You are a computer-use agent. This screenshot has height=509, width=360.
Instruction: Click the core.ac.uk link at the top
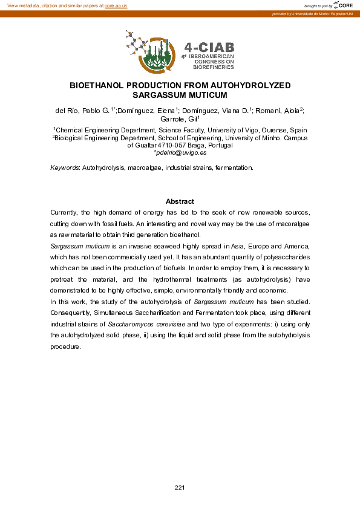pyautogui.click(x=116, y=5)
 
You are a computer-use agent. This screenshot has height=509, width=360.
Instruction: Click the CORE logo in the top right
pyautogui.click(x=344, y=5)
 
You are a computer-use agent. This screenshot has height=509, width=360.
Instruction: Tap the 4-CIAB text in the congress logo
pyautogui.click(x=209, y=47)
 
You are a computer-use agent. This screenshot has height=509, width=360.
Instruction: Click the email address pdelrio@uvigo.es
pyautogui.click(x=180, y=152)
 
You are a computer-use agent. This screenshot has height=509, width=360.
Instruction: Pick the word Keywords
pyautogui.click(x=64, y=167)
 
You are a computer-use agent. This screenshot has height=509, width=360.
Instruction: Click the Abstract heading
pyautogui.click(x=180, y=201)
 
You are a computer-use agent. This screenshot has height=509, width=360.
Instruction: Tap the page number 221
pyautogui.click(x=180, y=487)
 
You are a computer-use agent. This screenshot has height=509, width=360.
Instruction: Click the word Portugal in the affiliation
pyautogui.click(x=217, y=145)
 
